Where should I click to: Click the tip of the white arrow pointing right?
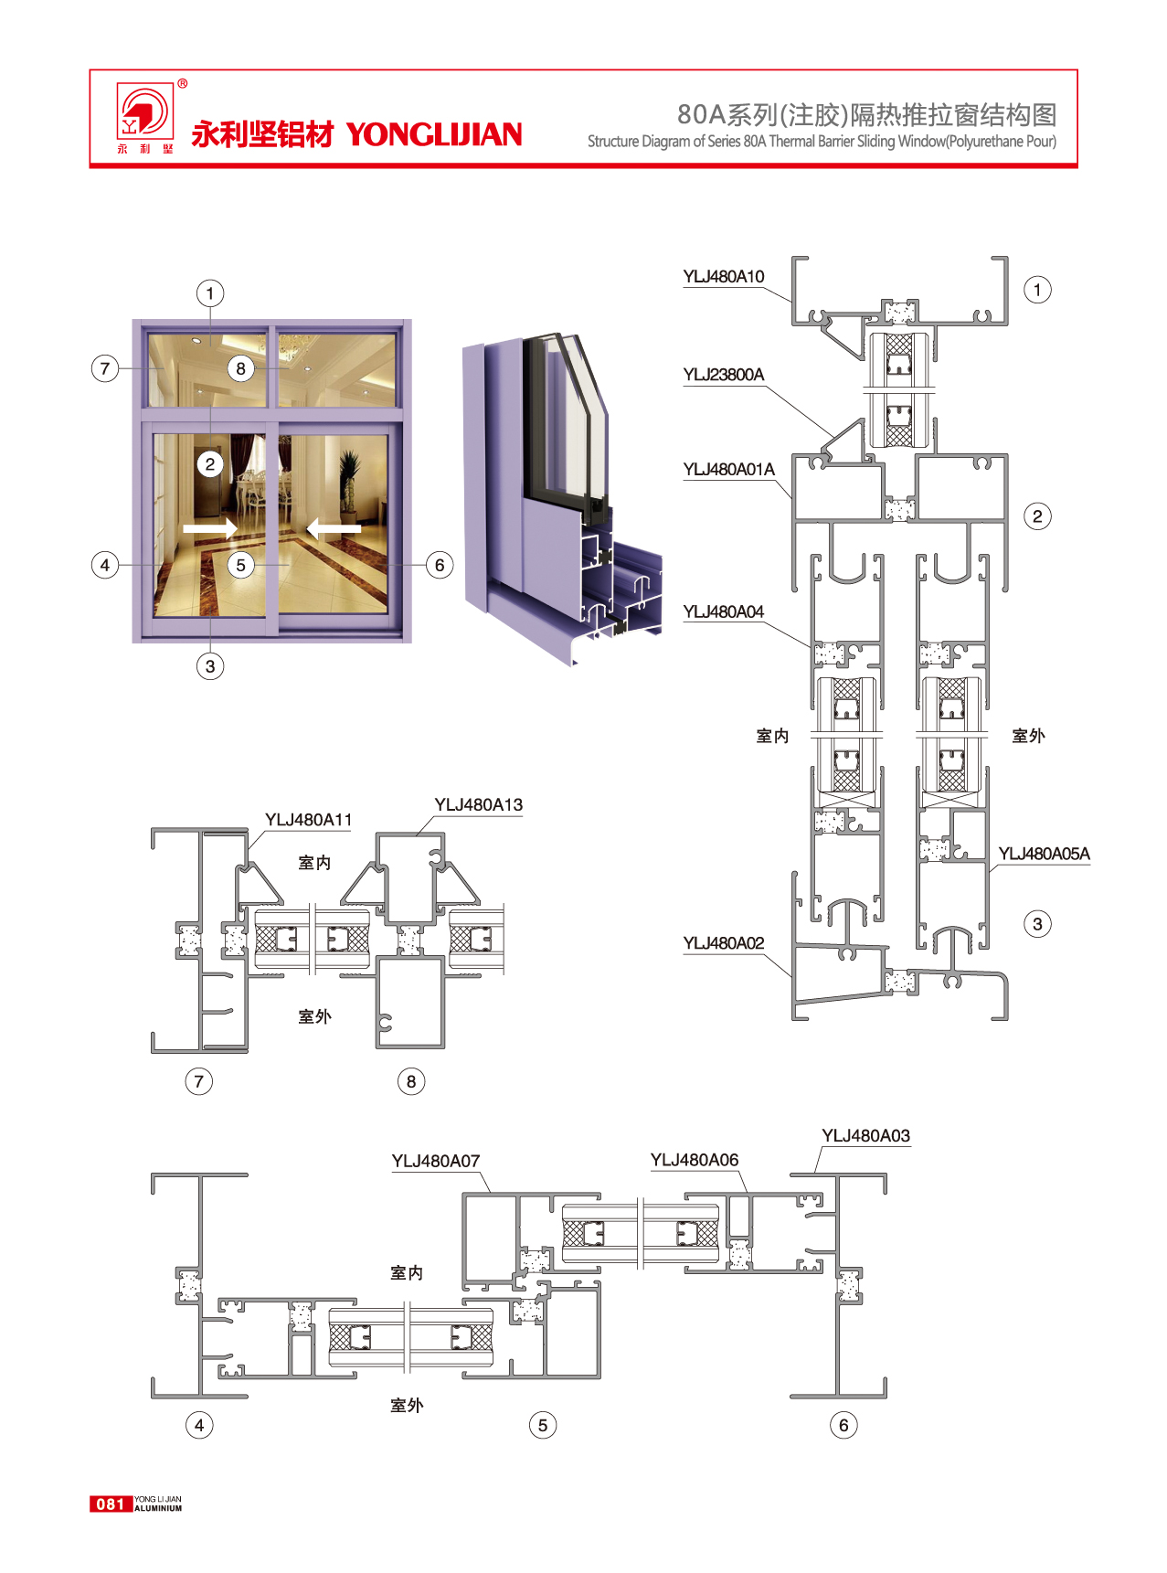click(x=238, y=528)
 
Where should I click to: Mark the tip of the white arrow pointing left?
click(x=306, y=528)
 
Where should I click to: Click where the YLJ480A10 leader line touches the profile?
click(x=791, y=302)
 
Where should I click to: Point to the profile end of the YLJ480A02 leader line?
click(x=791, y=977)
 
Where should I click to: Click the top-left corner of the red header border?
click(x=90, y=69)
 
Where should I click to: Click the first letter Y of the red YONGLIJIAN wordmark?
click(x=356, y=135)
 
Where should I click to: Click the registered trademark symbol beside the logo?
click(x=183, y=84)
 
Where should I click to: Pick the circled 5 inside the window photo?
click(x=241, y=565)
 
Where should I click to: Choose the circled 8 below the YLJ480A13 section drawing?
click(x=411, y=1081)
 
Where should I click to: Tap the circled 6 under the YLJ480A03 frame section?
click(x=843, y=1425)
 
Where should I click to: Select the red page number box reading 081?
click(x=111, y=1504)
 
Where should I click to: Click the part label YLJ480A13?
click(x=479, y=805)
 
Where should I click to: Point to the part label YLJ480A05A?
click(x=1045, y=854)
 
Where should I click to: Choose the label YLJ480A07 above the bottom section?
click(x=436, y=1161)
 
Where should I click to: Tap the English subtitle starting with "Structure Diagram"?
click(x=822, y=142)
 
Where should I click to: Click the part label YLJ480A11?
click(x=309, y=820)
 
